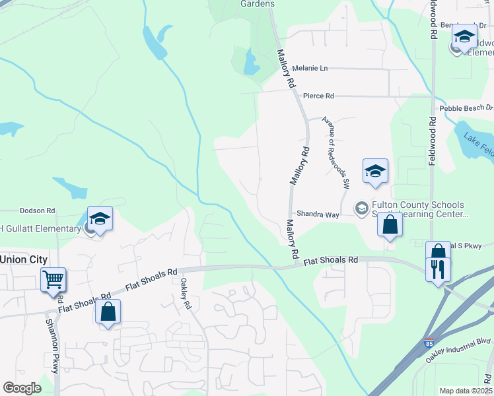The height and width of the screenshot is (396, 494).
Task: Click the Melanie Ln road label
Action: (310, 68)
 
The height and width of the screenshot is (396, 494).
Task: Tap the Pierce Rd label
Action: (318, 96)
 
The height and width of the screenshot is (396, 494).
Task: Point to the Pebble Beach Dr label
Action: (466, 108)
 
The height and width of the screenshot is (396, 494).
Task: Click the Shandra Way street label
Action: (318, 214)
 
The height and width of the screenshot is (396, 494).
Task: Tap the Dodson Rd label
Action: (37, 211)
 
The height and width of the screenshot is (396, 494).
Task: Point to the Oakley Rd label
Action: (186, 294)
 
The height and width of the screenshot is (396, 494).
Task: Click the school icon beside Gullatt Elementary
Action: (100, 218)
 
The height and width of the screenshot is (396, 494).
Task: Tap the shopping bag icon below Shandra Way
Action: (390, 224)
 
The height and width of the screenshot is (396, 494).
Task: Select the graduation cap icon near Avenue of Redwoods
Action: (375, 172)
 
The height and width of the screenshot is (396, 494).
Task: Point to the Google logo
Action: (22, 388)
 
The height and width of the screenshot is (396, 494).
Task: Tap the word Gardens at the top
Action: (257, 4)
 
